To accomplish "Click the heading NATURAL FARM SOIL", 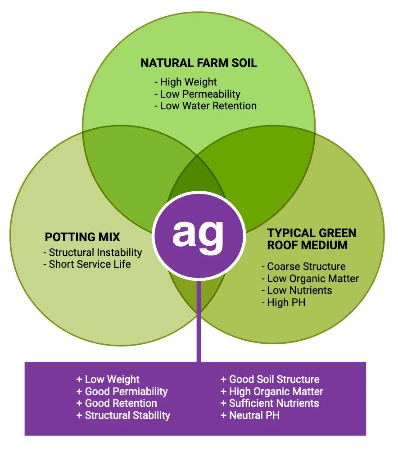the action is point(199,63).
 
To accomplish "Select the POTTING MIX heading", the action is point(82,237).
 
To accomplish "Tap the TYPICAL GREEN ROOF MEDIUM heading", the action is point(312,239).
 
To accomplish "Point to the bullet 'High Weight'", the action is point(185,82).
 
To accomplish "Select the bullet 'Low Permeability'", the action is point(197,94).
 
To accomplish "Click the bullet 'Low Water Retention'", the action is point(205,106).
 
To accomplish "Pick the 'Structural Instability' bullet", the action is point(93,252).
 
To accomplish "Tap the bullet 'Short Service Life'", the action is point(87,264).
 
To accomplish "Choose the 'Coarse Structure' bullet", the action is point(303,266).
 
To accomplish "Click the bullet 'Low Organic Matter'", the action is point(310,279).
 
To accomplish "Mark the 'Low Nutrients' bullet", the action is point(297,290).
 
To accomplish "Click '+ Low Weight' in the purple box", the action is point(108,379).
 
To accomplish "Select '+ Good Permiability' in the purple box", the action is point(122,391).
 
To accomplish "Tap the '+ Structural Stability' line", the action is point(123,415).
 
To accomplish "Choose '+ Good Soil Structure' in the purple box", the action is point(270,379).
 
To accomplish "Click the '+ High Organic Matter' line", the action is point(272,391).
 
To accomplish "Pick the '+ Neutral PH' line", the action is point(250,415).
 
